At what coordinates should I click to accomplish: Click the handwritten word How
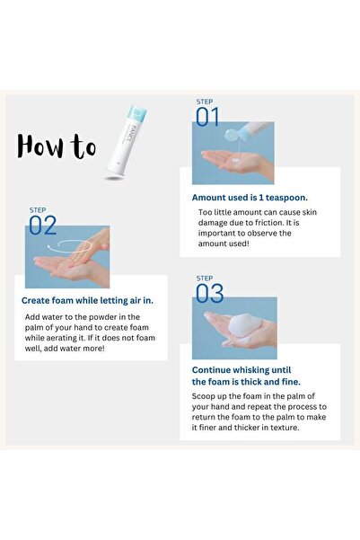(x=40, y=146)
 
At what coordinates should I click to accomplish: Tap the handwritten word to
(x=83, y=146)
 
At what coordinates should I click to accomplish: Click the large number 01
(x=207, y=117)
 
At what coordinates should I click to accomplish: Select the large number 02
(x=43, y=226)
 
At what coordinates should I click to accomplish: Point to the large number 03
(x=209, y=294)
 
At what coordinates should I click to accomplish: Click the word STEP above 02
(x=38, y=210)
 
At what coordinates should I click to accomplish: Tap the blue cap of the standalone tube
(x=137, y=113)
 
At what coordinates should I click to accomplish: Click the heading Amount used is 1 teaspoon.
(x=250, y=198)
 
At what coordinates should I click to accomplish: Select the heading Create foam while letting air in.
(x=87, y=301)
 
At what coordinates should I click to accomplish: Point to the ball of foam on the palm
(x=244, y=325)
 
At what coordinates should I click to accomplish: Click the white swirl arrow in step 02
(x=69, y=245)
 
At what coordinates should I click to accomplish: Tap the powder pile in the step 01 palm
(x=236, y=160)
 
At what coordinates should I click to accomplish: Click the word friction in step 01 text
(x=268, y=223)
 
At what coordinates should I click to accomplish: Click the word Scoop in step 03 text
(x=203, y=396)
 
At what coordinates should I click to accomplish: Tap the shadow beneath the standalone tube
(x=114, y=179)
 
